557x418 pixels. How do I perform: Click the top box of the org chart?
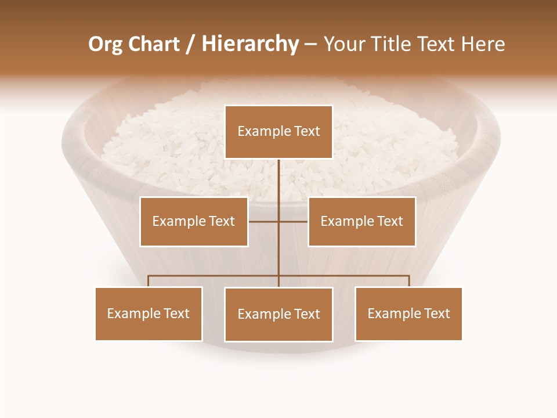point(278,132)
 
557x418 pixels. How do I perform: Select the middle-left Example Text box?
point(194,221)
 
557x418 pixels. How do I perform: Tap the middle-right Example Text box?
point(361,221)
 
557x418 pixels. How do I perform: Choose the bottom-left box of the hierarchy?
point(149,313)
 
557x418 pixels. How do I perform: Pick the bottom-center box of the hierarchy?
point(278,314)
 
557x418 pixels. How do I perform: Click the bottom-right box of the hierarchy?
point(408,313)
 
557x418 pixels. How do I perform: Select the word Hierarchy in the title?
point(249,44)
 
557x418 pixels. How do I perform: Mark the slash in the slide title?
point(190,45)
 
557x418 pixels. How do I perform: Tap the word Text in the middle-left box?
point(221,221)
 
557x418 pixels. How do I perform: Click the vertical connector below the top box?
point(278,186)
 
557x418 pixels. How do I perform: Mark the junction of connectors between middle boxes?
point(278,221)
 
